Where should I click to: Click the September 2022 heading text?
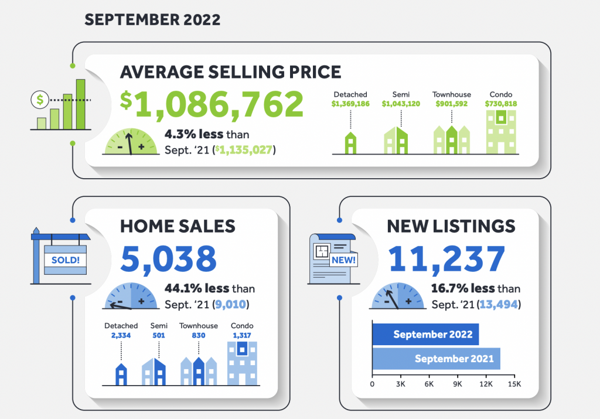click(152, 19)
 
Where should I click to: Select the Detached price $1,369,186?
click(350, 104)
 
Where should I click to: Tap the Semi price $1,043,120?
click(401, 104)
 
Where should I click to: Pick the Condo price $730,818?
click(501, 104)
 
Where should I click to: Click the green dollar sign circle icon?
click(40, 100)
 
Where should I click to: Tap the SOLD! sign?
click(66, 260)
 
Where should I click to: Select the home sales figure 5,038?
click(169, 259)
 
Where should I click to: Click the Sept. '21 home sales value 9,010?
click(233, 304)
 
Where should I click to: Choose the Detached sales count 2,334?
click(121, 335)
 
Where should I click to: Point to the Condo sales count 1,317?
click(241, 335)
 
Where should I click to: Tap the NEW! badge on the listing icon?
click(343, 260)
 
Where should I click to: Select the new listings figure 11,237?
click(446, 259)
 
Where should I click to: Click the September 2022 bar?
click(425, 335)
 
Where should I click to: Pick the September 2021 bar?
click(437, 359)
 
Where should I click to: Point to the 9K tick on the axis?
click(458, 384)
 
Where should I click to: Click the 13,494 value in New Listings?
click(497, 304)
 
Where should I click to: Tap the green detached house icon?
click(350, 144)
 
